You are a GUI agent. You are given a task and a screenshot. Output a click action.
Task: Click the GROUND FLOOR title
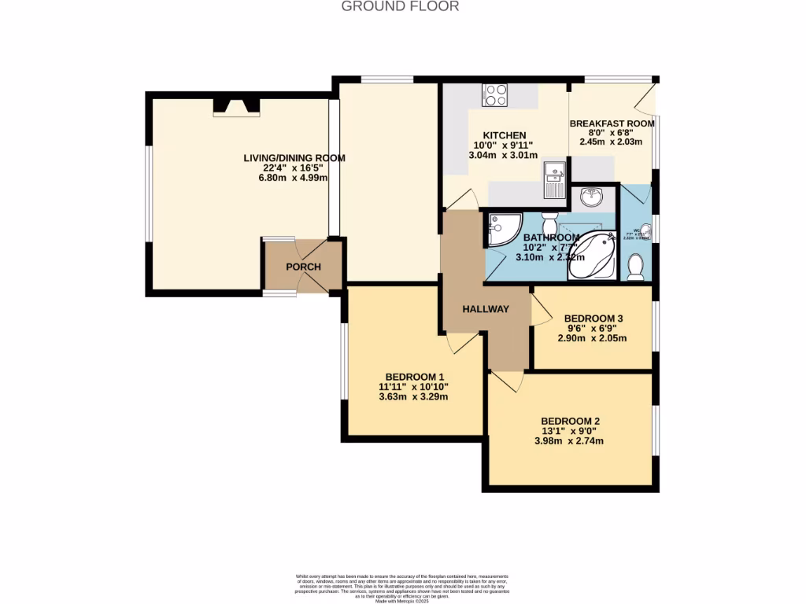tap(400, 6)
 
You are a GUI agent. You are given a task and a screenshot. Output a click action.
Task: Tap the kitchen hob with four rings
tap(496, 94)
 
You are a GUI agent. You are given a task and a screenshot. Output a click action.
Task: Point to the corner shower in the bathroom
tap(501, 230)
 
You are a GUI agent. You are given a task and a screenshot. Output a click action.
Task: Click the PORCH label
tap(303, 267)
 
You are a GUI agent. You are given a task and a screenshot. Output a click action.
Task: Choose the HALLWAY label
tap(486, 310)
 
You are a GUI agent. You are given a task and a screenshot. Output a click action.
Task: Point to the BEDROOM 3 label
tap(593, 319)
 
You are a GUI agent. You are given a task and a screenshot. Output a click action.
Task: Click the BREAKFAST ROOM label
tap(612, 123)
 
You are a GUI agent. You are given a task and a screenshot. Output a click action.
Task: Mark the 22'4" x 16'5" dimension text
tap(294, 168)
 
